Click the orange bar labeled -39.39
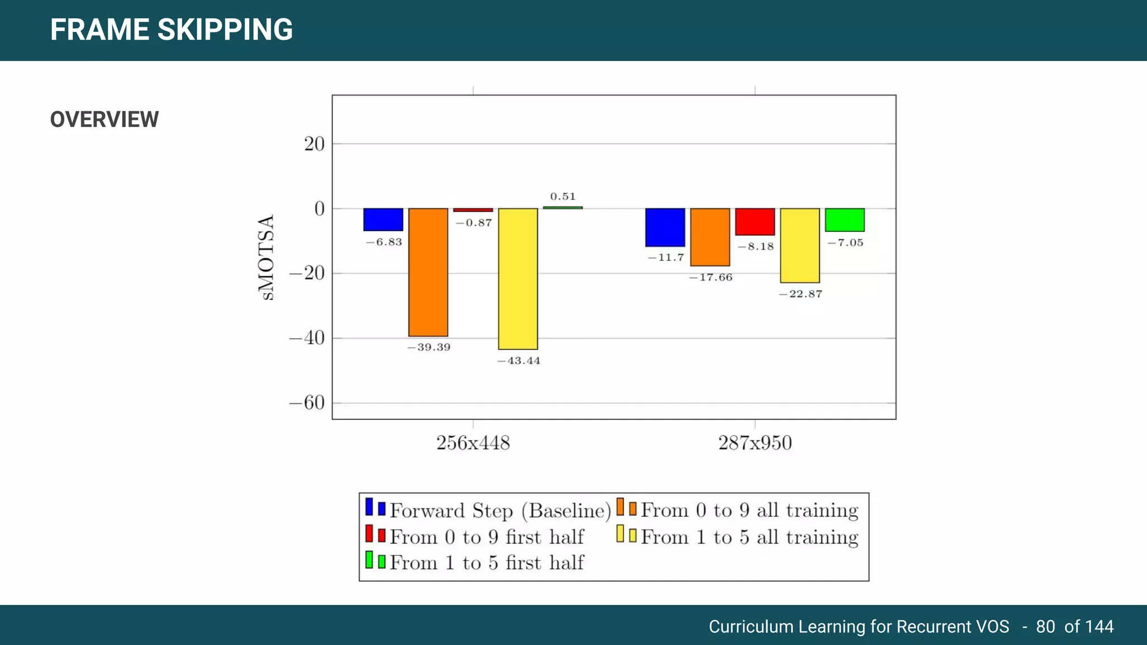428,272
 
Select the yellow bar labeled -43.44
517,279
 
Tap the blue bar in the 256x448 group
383,219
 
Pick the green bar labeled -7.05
845,220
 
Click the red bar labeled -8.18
755,222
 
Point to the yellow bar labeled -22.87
800,245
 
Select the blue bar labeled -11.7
665,227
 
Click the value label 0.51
563,197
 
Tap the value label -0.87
474,223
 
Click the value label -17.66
711,278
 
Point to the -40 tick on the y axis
307,338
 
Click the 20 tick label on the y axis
314,144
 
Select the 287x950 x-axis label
755,443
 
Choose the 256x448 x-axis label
473,443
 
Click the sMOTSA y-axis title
267,258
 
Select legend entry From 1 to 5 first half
486,563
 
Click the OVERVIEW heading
105,120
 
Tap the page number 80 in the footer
1045,627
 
